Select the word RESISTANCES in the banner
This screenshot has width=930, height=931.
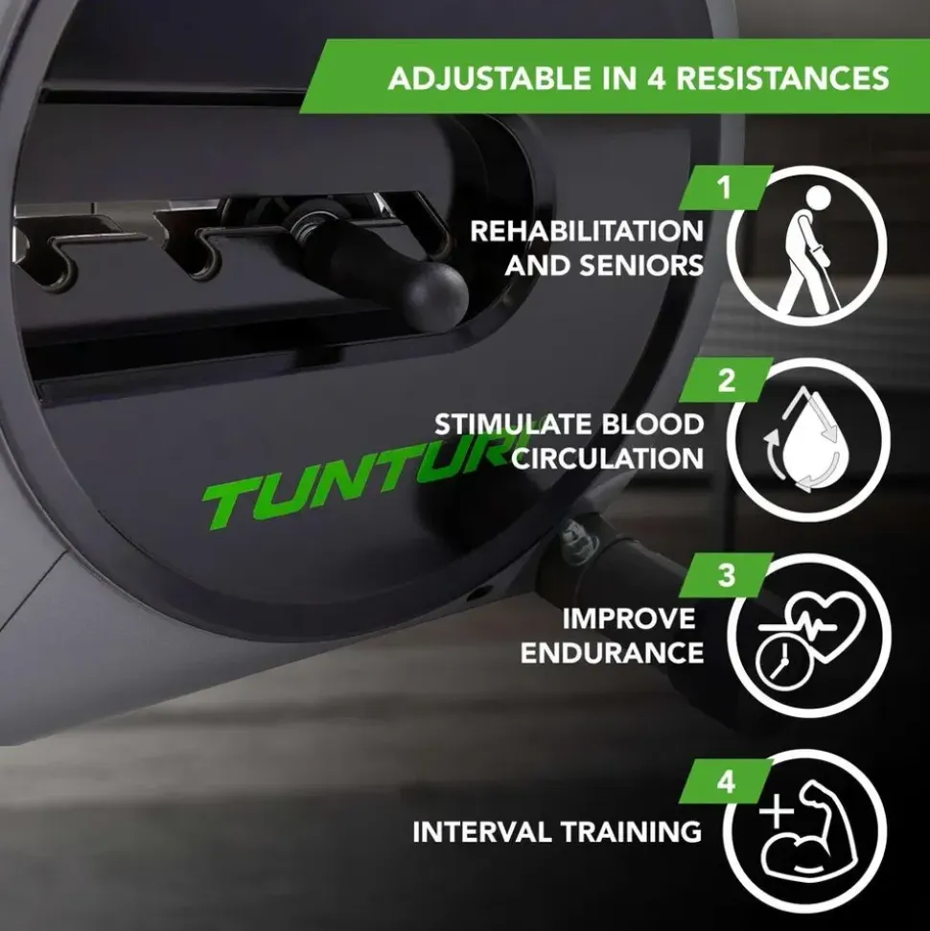pos(782,79)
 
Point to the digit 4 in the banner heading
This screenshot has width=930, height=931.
pos(656,79)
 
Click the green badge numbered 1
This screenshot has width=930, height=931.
pos(726,188)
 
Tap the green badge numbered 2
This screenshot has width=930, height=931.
pos(726,380)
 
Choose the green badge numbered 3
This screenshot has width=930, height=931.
pos(726,575)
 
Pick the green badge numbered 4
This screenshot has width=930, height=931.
pos(726,781)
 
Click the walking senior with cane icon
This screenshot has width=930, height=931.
pos(807,250)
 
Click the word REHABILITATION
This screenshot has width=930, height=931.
pos(587,231)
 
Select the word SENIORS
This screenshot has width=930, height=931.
pos(641,266)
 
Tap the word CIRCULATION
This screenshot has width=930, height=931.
pos(608,458)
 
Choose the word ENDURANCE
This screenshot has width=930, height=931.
pos(613,653)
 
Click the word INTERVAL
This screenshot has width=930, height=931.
pos(482,832)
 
